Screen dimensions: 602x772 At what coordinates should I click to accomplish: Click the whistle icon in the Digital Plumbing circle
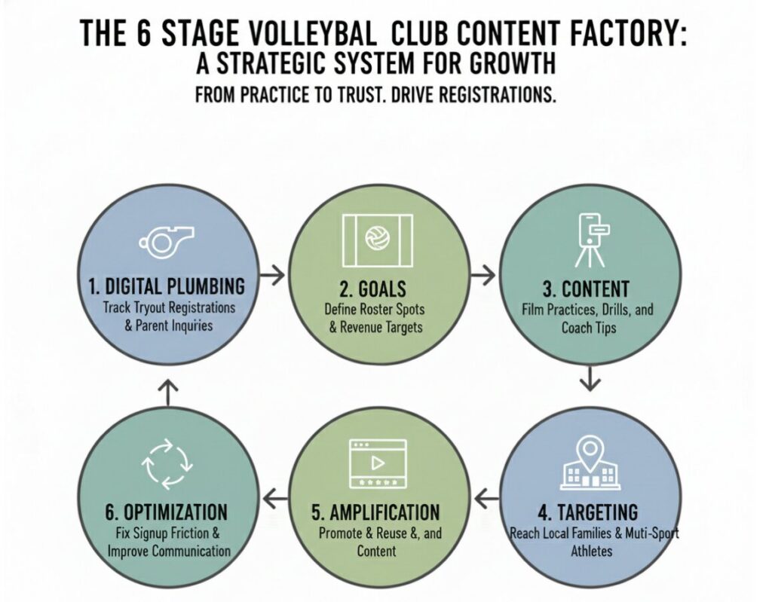pos(166,240)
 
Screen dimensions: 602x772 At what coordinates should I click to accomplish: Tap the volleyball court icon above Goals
pos(376,240)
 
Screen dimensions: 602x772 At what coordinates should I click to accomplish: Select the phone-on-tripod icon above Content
pos(590,240)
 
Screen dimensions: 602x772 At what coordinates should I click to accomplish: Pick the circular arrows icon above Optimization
pos(166,465)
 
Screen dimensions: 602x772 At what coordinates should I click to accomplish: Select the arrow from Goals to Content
pos(482,275)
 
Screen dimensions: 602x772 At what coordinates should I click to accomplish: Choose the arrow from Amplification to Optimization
pos(275,496)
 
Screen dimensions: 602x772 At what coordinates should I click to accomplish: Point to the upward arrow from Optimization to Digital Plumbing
pos(167,388)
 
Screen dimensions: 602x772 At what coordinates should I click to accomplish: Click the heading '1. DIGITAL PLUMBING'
pos(166,287)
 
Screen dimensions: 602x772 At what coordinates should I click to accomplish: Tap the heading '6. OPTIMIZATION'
pos(166,513)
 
